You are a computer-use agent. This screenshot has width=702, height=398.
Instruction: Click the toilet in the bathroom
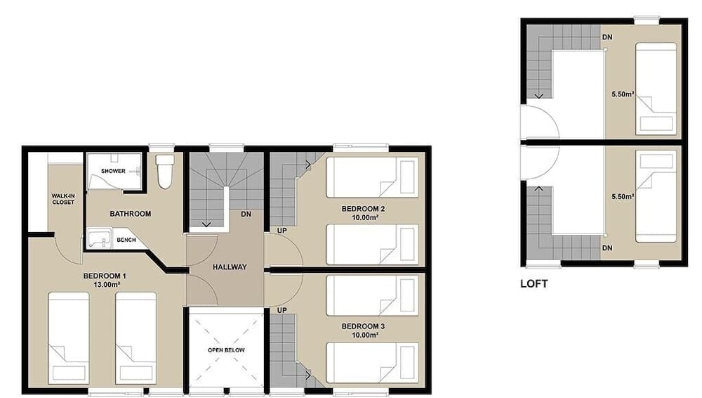165,172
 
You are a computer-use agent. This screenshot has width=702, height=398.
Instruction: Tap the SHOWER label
113,171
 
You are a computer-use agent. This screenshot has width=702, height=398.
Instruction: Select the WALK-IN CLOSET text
62,198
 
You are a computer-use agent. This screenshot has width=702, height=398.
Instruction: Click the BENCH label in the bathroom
126,240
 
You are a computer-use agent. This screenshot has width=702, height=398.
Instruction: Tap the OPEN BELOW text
224,349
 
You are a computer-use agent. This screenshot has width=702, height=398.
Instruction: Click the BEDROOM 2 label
363,208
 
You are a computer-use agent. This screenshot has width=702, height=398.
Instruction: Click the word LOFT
534,285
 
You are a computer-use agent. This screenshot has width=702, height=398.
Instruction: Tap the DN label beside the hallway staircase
246,214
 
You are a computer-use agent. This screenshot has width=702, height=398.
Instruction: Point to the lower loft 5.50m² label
622,196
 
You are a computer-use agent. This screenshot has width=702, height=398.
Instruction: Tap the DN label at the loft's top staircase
607,37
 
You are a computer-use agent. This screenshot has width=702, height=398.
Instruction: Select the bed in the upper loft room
656,89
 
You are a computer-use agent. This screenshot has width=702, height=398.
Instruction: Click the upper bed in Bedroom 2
373,176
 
